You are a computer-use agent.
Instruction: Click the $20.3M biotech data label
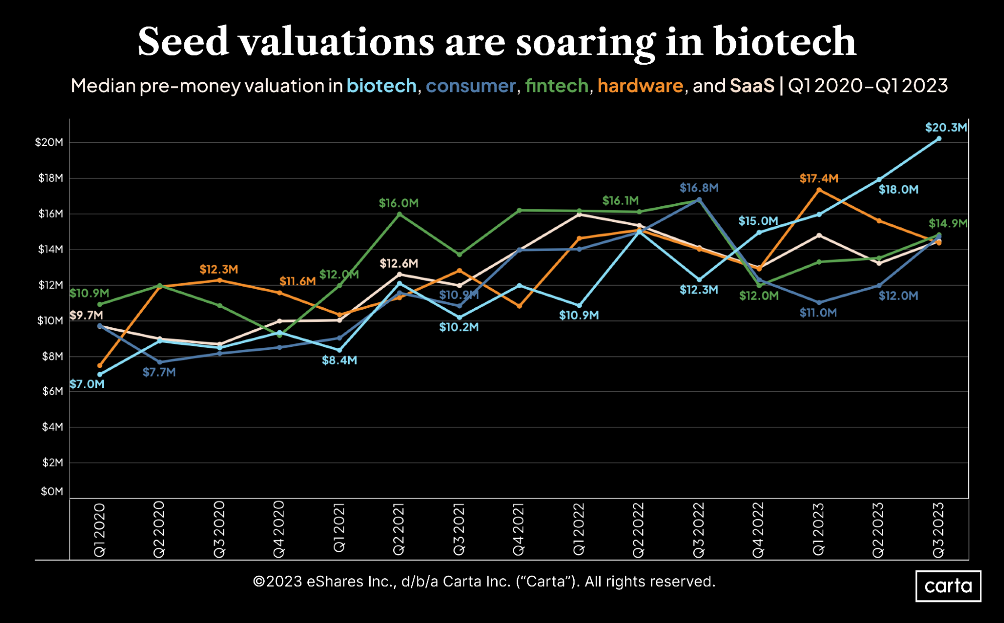946,128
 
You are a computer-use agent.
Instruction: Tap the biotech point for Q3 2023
939,139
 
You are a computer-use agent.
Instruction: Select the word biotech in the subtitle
381,86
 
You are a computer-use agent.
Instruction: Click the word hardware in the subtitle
640,86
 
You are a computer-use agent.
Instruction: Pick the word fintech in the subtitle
556,86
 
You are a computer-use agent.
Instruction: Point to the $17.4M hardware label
819,178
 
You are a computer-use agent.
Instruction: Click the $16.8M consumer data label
699,188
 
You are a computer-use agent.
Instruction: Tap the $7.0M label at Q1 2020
87,384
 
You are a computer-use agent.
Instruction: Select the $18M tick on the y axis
51,178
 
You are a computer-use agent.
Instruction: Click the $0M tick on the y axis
52,491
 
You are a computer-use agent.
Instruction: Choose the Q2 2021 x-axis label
399,529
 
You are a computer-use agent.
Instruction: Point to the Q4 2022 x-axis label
758,529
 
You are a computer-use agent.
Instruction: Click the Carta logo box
948,586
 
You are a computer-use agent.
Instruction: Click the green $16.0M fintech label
398,203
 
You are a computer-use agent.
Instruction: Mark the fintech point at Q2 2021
399,214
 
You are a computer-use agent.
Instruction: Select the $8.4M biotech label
340,360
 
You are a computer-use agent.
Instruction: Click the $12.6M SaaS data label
399,264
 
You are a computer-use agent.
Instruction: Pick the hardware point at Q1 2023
819,190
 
